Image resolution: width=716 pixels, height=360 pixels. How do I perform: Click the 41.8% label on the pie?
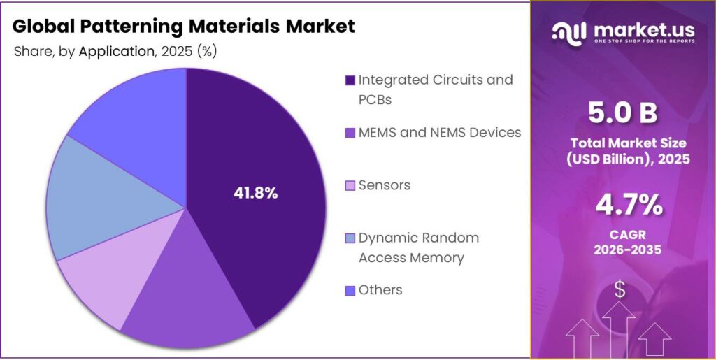coord(255,194)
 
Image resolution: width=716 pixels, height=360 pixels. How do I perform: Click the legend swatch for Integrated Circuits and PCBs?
coord(350,80)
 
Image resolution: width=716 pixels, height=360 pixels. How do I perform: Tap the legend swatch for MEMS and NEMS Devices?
coord(350,132)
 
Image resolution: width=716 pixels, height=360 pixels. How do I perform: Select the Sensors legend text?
coord(384,185)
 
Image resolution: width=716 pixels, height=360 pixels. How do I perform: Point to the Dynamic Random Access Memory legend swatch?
coord(350,238)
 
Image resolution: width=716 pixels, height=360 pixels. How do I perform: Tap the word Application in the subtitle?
coord(115,51)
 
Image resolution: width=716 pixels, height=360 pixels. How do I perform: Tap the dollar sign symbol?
coord(620,290)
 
